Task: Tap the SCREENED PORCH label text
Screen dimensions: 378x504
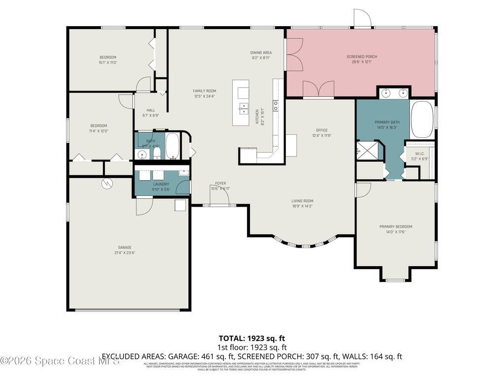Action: coord(362,57)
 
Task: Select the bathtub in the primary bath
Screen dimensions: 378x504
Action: coord(422,120)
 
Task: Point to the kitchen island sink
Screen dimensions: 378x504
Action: coord(243,108)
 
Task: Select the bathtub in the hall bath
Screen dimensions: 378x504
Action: coord(173,146)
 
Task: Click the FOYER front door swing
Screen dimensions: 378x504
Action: coord(219,197)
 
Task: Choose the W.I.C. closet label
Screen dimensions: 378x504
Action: coord(419,153)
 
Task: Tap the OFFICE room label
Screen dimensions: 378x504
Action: coord(322,130)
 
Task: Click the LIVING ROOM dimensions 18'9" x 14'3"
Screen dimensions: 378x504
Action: coord(302,206)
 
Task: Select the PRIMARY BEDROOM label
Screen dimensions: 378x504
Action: coord(395,226)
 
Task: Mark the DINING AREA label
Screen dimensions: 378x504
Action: coord(261,52)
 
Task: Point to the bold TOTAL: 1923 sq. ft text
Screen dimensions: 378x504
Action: coord(252,338)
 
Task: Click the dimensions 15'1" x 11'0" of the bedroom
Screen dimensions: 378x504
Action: coord(107,63)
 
